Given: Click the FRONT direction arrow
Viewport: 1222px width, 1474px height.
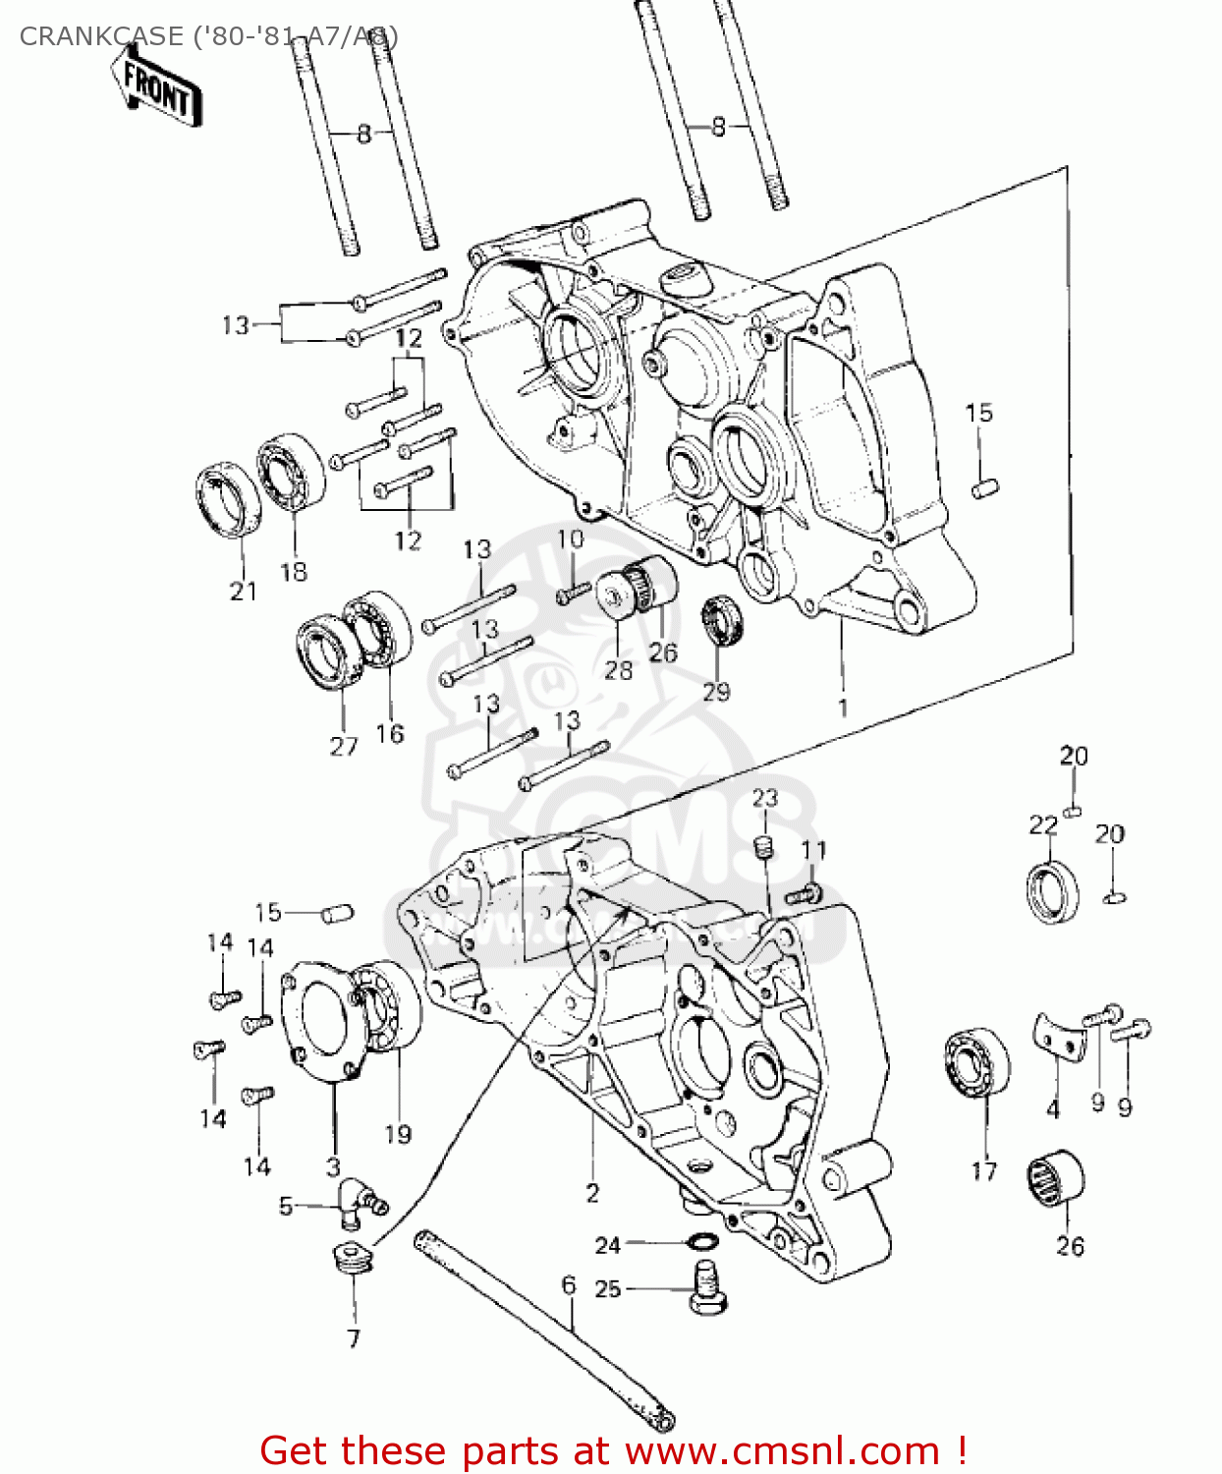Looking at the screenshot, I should click(157, 89).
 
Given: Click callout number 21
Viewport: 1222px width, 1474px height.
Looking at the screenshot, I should click(243, 591).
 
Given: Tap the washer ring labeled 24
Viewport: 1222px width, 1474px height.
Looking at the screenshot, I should click(700, 1242).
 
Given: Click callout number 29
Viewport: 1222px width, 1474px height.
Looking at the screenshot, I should click(716, 692).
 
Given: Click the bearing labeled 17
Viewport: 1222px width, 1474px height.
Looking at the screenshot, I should click(977, 1061).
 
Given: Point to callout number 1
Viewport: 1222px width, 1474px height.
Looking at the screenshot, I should click(842, 708).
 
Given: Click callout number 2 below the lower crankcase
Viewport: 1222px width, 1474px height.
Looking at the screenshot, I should click(592, 1193).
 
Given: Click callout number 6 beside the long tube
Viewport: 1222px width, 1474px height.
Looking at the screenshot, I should click(569, 1284).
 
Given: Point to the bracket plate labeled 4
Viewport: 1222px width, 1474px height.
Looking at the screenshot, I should click(1059, 1040).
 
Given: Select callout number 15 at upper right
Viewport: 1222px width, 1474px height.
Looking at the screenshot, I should click(978, 413).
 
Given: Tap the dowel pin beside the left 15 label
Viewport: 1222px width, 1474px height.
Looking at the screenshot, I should click(337, 913).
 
